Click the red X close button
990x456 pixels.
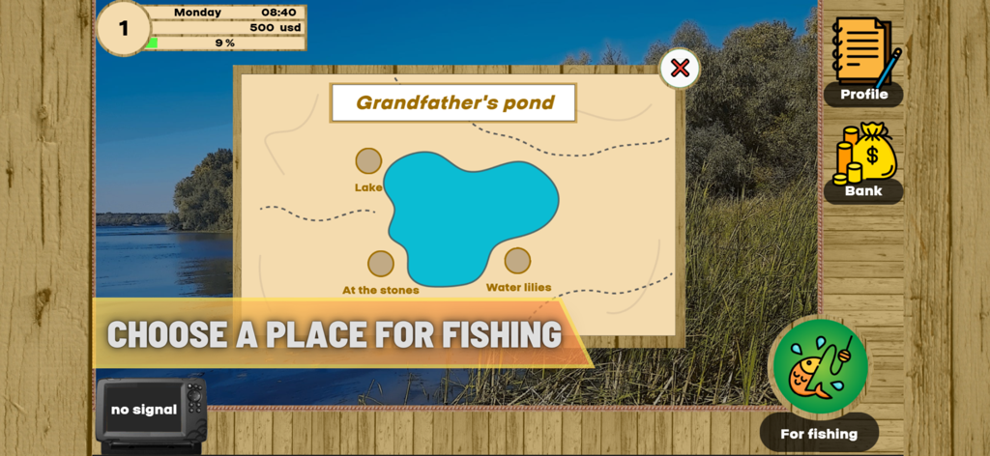tap(680, 68)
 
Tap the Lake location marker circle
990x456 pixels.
tap(368, 161)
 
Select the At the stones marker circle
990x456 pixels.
tap(381, 264)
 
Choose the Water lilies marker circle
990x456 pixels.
tap(517, 261)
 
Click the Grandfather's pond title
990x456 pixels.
tap(454, 102)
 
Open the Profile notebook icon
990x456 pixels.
tap(864, 52)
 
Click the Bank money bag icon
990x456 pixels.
tap(864, 153)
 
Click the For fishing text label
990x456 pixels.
tap(819, 434)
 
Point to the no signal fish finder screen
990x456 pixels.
tap(143, 410)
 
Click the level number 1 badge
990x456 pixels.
tap(124, 28)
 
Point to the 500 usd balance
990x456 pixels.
tap(276, 28)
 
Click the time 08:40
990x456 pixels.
tap(278, 13)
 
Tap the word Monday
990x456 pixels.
tap(198, 13)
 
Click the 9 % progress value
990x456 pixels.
tap(224, 43)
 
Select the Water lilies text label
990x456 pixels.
tap(518, 287)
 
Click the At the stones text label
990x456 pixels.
tap(381, 290)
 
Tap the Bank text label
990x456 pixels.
tap(863, 191)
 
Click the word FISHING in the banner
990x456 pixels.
tap(501, 334)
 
